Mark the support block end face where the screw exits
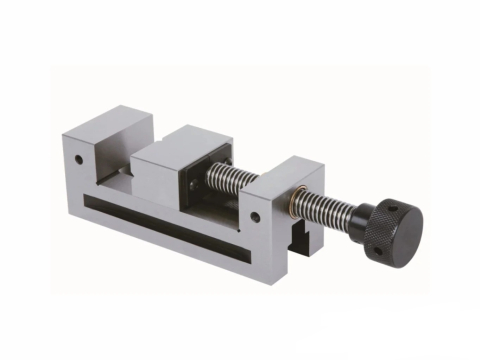(306, 200)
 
